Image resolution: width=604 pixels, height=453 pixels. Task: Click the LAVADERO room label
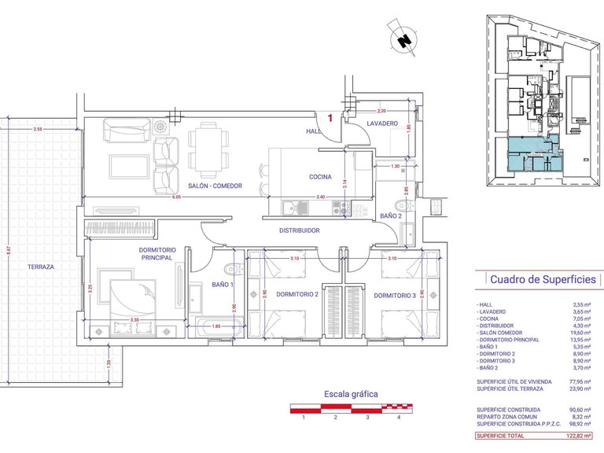pyautogui.click(x=381, y=124)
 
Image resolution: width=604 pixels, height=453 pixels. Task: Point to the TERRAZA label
pyautogui.click(x=39, y=267)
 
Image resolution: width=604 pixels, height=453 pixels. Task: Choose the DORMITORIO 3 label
pyautogui.click(x=395, y=296)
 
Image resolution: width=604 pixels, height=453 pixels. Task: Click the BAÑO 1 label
pyautogui.click(x=222, y=284)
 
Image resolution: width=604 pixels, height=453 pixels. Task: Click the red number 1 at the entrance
pyautogui.click(x=331, y=117)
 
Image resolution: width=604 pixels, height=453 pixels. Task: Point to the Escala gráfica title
pyautogui.click(x=352, y=393)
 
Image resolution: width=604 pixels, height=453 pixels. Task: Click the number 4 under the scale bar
pyautogui.click(x=399, y=418)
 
